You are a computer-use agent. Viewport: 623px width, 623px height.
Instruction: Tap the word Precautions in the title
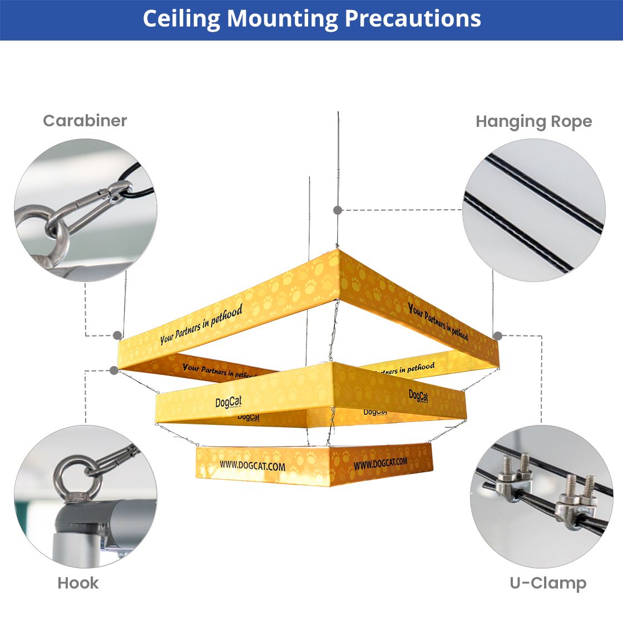pyautogui.click(x=413, y=19)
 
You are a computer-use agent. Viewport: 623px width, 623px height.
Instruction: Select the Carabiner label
pyautogui.click(x=85, y=121)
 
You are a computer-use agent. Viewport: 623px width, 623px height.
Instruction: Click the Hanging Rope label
pyautogui.click(x=533, y=121)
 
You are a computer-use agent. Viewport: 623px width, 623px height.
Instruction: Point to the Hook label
pyautogui.click(x=78, y=583)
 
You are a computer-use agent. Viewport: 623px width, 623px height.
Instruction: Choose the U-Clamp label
pyautogui.click(x=548, y=583)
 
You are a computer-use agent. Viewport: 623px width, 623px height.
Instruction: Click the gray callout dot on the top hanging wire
pyautogui.click(x=338, y=210)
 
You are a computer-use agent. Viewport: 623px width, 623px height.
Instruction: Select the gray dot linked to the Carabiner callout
pyautogui.click(x=117, y=335)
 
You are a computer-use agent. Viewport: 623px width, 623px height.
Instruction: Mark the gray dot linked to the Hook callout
pyautogui.click(x=114, y=370)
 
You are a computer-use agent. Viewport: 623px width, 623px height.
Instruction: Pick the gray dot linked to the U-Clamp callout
pyautogui.click(x=498, y=336)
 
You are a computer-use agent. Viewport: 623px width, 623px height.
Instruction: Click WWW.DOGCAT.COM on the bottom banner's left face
pyautogui.click(x=252, y=466)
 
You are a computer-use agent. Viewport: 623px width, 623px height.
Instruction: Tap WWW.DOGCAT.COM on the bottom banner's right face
pyautogui.click(x=380, y=463)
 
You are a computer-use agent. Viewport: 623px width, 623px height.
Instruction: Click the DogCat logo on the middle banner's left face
pyautogui.click(x=229, y=402)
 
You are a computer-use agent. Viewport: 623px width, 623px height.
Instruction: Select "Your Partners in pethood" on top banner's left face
pyautogui.click(x=201, y=325)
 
